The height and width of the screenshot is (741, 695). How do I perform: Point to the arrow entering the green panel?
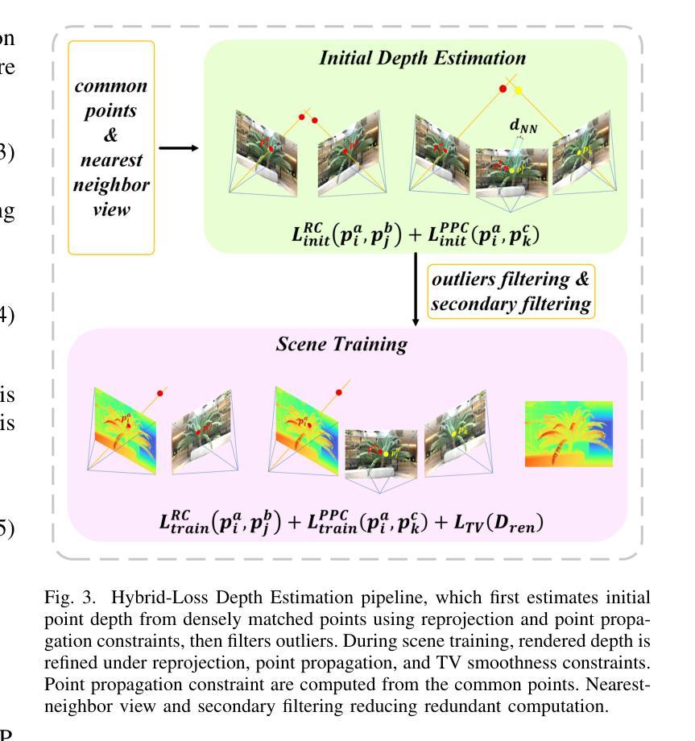pos(178,148)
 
